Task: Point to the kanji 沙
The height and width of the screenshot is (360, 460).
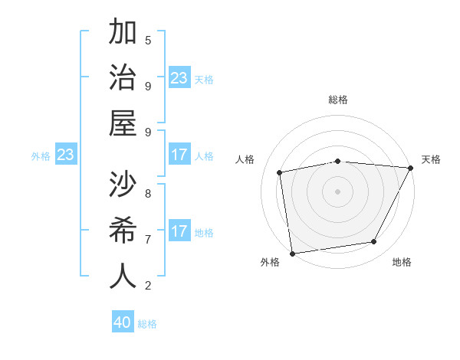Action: click(x=123, y=185)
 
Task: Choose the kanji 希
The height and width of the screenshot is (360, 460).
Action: click(x=123, y=230)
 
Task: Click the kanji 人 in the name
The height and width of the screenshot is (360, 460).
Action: click(x=123, y=276)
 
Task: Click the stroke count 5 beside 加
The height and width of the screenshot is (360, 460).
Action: click(x=148, y=40)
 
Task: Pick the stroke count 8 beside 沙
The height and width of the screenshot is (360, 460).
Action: click(x=148, y=193)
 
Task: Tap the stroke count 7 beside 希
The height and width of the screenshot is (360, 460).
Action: click(x=148, y=239)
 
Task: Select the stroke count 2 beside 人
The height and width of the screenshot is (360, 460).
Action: click(x=148, y=286)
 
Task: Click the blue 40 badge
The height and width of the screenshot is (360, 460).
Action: click(x=123, y=322)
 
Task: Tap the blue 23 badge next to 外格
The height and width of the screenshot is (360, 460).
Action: click(x=66, y=155)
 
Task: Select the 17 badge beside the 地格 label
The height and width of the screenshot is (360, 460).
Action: click(x=179, y=231)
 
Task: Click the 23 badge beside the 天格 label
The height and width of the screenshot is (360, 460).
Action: click(x=179, y=77)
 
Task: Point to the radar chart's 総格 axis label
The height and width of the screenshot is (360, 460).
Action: click(x=338, y=100)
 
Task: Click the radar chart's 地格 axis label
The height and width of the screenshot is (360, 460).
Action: click(x=402, y=262)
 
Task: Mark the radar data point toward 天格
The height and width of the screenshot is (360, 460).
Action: click(x=410, y=168)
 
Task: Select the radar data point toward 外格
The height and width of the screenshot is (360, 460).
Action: click(x=292, y=253)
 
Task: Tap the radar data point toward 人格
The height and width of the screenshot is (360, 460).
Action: click(x=281, y=172)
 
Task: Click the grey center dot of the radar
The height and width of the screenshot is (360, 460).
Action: click(x=337, y=191)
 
